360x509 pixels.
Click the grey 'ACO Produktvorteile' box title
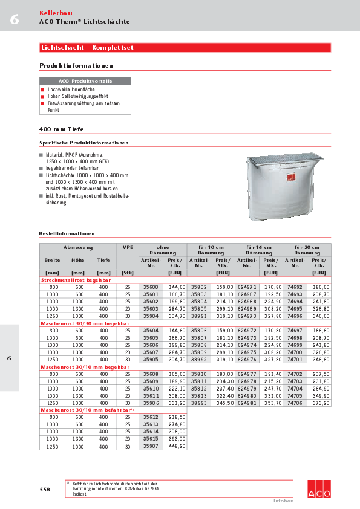coord(85,80)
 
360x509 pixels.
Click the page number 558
coord(45,489)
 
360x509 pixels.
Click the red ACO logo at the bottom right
coord(319,488)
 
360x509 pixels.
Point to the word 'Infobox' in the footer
coord(283,501)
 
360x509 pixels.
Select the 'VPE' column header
coord(128,247)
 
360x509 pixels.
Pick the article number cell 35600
coord(150,287)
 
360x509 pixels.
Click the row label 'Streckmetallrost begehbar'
coord(75,280)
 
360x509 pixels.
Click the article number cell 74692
coord(295,287)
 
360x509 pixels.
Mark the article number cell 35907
coord(150,446)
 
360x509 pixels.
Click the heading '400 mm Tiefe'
coord(61,129)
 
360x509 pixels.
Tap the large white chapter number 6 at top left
coord(14,20)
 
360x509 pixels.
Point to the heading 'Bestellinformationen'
coord(67,233)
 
